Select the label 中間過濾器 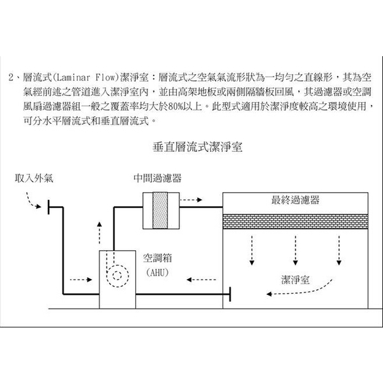157,178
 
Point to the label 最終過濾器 295,200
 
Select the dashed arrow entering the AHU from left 80,279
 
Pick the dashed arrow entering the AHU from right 199,279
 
